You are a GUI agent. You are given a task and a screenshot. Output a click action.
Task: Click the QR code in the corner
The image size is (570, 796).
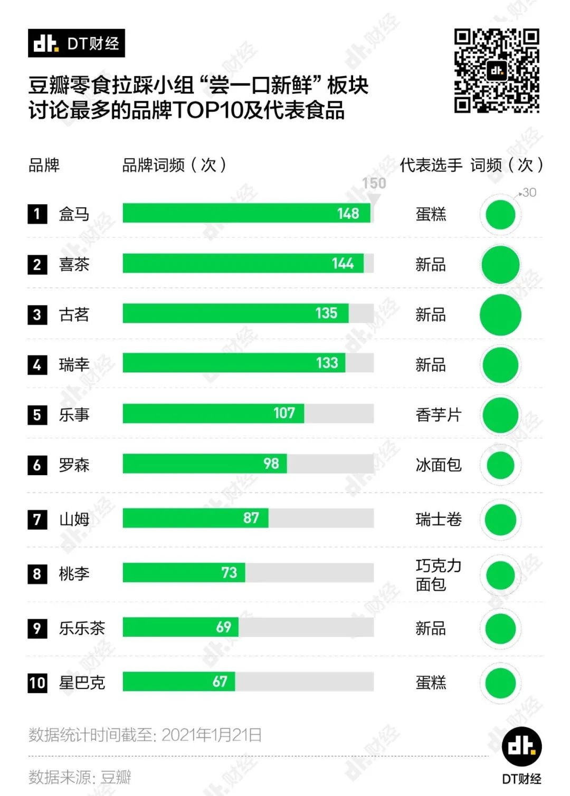click(497, 71)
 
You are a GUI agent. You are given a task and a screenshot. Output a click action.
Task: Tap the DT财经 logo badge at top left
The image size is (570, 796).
click(77, 43)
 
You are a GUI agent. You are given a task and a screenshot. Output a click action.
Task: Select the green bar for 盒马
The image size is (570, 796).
click(246, 213)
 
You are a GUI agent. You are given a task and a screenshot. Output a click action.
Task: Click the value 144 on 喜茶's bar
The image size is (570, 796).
click(343, 263)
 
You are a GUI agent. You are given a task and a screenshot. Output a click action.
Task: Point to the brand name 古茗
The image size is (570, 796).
click(74, 314)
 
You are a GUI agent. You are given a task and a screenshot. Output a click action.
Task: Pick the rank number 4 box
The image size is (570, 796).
click(37, 365)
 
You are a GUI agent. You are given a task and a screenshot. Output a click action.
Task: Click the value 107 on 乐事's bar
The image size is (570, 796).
click(284, 413)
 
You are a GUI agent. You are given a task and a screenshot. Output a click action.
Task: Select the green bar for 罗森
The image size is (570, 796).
click(205, 464)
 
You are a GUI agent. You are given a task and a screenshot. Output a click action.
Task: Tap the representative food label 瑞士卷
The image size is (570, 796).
click(439, 520)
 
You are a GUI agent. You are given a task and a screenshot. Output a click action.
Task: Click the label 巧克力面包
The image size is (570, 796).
click(439, 575)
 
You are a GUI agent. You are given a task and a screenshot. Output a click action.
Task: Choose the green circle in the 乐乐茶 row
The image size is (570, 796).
click(500, 629)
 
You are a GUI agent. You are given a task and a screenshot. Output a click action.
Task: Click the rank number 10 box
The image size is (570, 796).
click(37, 683)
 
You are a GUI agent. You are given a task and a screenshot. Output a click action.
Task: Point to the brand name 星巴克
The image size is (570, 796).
click(82, 683)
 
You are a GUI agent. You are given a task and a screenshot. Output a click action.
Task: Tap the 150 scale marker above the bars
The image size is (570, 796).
click(374, 184)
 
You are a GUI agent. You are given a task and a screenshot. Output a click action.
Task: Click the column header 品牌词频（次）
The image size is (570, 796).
click(174, 165)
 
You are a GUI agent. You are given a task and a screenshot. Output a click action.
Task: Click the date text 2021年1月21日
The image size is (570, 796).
click(212, 735)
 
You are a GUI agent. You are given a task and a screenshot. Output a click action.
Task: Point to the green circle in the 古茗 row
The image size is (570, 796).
click(500, 315)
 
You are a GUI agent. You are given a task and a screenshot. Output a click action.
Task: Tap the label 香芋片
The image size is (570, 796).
click(439, 415)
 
